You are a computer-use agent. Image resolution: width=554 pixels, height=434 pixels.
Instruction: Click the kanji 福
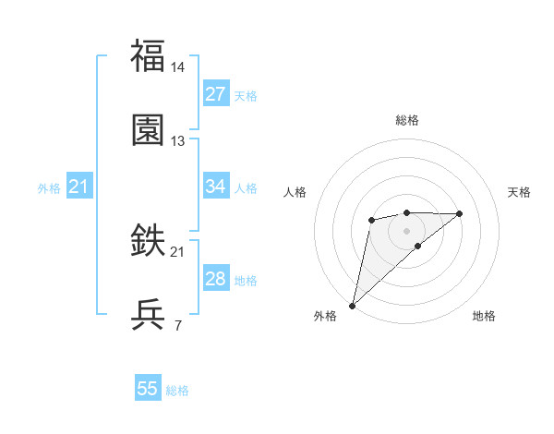(x=149, y=56)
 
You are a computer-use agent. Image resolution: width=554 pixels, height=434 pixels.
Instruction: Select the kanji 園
(x=149, y=130)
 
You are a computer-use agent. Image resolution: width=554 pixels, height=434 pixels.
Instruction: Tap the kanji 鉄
(x=149, y=241)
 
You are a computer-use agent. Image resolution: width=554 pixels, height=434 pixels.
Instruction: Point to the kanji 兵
(x=149, y=315)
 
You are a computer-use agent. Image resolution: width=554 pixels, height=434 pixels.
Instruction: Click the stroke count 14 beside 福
(x=178, y=67)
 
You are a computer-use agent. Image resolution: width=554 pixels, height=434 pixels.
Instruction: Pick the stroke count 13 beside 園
(x=178, y=141)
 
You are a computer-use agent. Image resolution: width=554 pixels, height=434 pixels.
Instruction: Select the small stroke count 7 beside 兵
(x=177, y=325)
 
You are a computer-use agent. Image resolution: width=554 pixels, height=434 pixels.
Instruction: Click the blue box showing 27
(x=215, y=94)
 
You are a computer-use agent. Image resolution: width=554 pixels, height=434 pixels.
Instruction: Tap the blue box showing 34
(x=215, y=187)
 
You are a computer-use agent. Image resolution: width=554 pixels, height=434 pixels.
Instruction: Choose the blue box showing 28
(x=215, y=279)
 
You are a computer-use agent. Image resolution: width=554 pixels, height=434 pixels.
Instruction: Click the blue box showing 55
(x=148, y=389)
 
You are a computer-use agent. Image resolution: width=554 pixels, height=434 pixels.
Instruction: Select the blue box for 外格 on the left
(x=79, y=187)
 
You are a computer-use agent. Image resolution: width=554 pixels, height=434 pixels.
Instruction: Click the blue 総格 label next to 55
(x=177, y=390)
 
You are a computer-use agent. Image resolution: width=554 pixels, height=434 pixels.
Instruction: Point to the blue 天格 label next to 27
(x=245, y=95)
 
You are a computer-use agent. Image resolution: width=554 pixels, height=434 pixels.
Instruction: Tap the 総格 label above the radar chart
(x=406, y=120)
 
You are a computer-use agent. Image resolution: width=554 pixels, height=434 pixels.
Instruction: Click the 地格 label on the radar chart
(x=484, y=316)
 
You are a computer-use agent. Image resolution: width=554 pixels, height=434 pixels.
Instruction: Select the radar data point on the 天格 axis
(x=460, y=213)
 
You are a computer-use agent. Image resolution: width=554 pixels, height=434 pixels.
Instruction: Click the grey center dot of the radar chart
(x=406, y=230)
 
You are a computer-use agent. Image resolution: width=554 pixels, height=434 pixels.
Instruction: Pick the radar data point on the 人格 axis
(x=371, y=219)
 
